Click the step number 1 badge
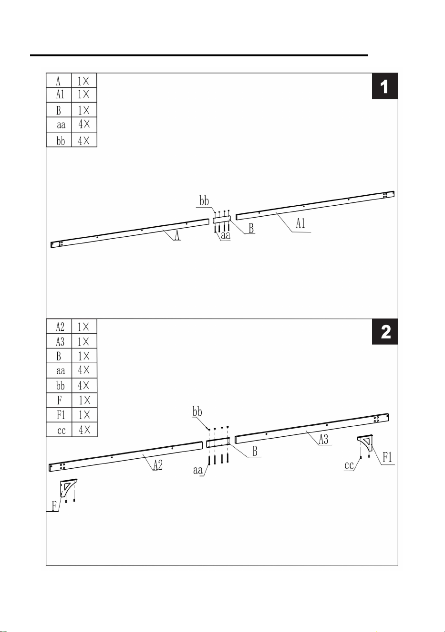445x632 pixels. point(385,86)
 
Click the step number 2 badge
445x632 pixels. point(385,332)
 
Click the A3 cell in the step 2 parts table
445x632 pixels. point(60,342)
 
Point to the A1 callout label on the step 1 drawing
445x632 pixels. point(300,223)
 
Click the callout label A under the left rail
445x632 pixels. point(177,235)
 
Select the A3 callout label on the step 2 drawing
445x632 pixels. point(323,440)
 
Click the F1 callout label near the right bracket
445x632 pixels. point(387,458)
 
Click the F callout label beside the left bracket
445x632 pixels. point(54,506)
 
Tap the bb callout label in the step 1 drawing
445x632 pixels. point(204,201)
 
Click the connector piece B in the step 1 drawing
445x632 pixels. point(222,219)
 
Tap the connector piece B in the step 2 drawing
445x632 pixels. point(218,442)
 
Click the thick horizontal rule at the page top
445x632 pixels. point(199,55)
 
